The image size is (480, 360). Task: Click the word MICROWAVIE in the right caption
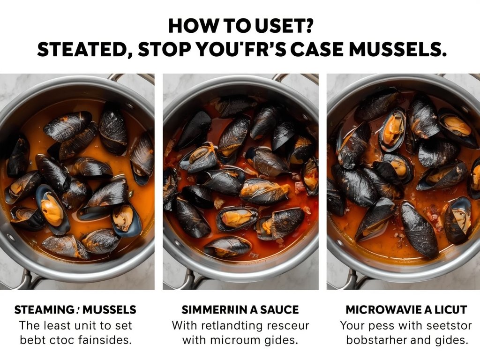[379, 310]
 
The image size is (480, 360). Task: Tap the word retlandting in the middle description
[233, 325]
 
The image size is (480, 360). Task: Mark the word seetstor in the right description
[446, 325]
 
